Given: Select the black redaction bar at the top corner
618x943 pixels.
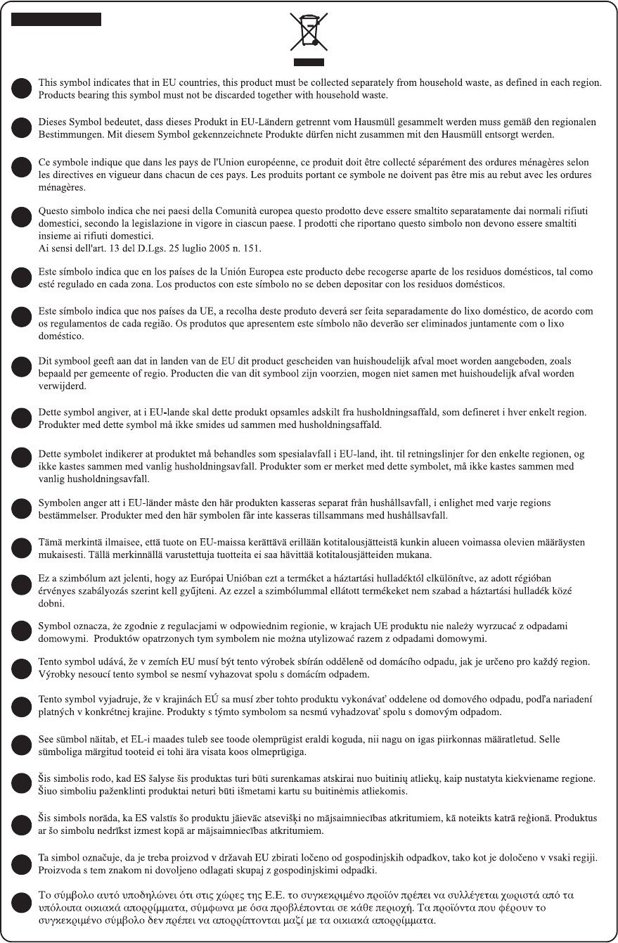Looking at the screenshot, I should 56,19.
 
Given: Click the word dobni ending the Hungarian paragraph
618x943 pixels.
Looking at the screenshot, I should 50,604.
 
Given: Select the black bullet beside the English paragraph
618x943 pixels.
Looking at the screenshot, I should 22,88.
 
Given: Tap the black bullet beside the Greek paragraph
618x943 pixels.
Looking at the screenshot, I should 22,908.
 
